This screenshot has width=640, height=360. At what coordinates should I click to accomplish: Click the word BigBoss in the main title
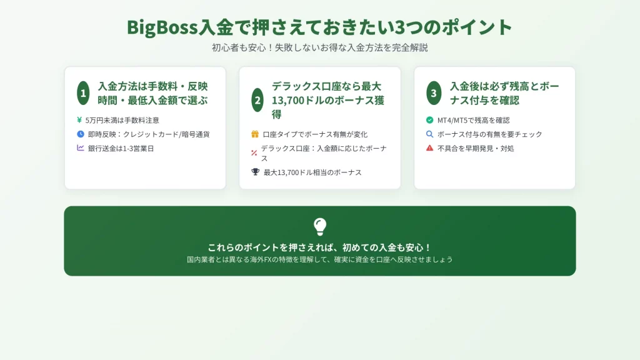point(162,27)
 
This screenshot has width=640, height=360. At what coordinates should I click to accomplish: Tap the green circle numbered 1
point(83,93)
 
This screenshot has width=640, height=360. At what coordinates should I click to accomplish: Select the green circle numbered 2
point(257,100)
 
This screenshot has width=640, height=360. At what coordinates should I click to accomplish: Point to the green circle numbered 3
point(434,93)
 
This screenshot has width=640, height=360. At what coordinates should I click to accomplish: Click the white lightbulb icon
point(320,226)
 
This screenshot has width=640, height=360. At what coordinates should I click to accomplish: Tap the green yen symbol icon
point(79,120)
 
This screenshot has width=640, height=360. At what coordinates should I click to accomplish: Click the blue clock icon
point(81,134)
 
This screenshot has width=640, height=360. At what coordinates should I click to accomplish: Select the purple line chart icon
point(81,147)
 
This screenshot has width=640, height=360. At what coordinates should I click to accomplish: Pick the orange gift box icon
point(255,134)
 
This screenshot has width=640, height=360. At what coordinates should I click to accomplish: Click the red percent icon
point(254,153)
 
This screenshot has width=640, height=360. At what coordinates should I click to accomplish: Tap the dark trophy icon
point(256,172)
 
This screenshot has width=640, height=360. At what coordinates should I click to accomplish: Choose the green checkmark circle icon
point(430,120)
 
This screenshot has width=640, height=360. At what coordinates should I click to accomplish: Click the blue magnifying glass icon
point(430,134)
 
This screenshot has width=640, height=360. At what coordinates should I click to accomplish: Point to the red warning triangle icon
point(430,147)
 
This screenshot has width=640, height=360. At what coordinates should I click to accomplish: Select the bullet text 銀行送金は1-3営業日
point(121,149)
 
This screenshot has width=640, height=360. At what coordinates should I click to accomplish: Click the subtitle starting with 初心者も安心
point(320,47)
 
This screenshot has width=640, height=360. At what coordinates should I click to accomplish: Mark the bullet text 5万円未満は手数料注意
point(122,121)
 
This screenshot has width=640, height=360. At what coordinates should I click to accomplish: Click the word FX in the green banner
point(268,259)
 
